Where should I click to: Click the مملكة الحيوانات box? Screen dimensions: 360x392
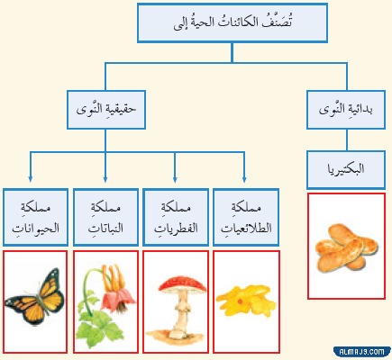(34, 218)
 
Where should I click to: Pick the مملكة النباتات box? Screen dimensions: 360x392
(105, 218)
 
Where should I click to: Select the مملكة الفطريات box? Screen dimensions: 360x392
(175, 218)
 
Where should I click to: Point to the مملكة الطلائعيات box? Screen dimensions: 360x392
(245, 218)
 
